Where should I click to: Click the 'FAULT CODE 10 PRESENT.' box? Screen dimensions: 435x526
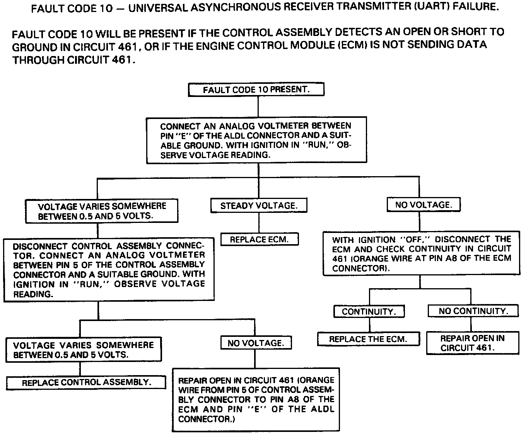coord(256,90)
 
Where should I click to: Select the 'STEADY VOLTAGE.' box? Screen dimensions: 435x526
coord(259,206)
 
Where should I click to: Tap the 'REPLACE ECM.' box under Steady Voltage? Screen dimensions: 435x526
coord(260,240)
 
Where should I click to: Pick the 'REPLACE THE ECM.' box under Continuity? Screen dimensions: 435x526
coord(368,339)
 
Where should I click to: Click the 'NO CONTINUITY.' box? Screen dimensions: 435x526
coord(473,311)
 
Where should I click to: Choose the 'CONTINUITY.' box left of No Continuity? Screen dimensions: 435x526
coord(369,311)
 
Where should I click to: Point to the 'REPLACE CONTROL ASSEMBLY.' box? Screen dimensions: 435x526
coord(86,382)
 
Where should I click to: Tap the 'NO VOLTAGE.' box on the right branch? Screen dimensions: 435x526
coord(424,205)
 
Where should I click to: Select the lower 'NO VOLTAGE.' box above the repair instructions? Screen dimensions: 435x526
coord(256,343)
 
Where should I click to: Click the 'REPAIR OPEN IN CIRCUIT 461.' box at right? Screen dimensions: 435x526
coord(472,343)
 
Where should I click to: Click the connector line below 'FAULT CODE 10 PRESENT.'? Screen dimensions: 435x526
coord(258,107)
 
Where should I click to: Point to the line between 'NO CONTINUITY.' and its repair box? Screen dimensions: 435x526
coord(471,324)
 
